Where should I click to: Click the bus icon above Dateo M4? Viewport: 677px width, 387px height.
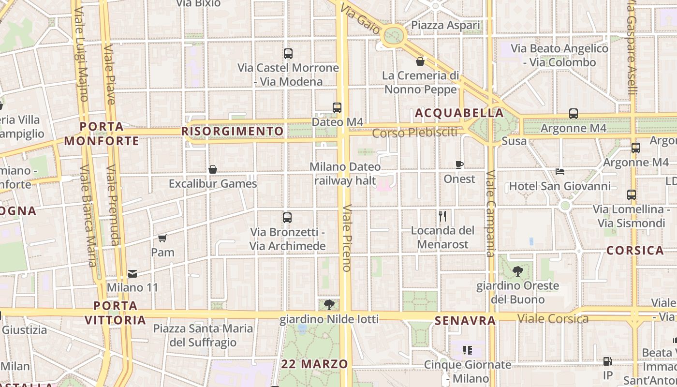337,108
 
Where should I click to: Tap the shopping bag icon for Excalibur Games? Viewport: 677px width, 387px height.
212,169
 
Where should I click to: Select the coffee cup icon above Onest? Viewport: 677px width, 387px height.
459,164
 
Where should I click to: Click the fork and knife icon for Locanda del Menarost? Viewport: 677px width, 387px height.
442,216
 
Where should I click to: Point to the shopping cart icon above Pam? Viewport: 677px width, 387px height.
162,238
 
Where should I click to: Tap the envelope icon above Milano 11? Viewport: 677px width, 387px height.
132,274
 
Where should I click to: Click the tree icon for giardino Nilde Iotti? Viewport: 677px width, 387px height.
329,304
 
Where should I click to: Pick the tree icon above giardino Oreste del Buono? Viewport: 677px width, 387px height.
518,271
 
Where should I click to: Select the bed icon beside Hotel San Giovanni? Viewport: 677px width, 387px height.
560,172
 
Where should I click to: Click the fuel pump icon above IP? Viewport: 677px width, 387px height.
607,361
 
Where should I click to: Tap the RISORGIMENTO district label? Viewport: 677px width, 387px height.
232,131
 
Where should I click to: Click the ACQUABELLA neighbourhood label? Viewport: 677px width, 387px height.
459,113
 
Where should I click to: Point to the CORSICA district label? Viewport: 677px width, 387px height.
635,251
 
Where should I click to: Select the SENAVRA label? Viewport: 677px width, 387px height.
465,320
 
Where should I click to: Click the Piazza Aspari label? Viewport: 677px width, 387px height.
445,25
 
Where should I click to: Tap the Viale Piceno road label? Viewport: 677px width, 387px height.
346,237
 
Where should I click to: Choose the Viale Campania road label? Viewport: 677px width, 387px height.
490,213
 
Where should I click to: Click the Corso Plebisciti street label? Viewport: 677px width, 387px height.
414,132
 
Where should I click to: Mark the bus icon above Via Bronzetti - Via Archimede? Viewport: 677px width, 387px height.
287,218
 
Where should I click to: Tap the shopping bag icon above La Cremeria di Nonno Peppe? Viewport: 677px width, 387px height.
420,61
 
